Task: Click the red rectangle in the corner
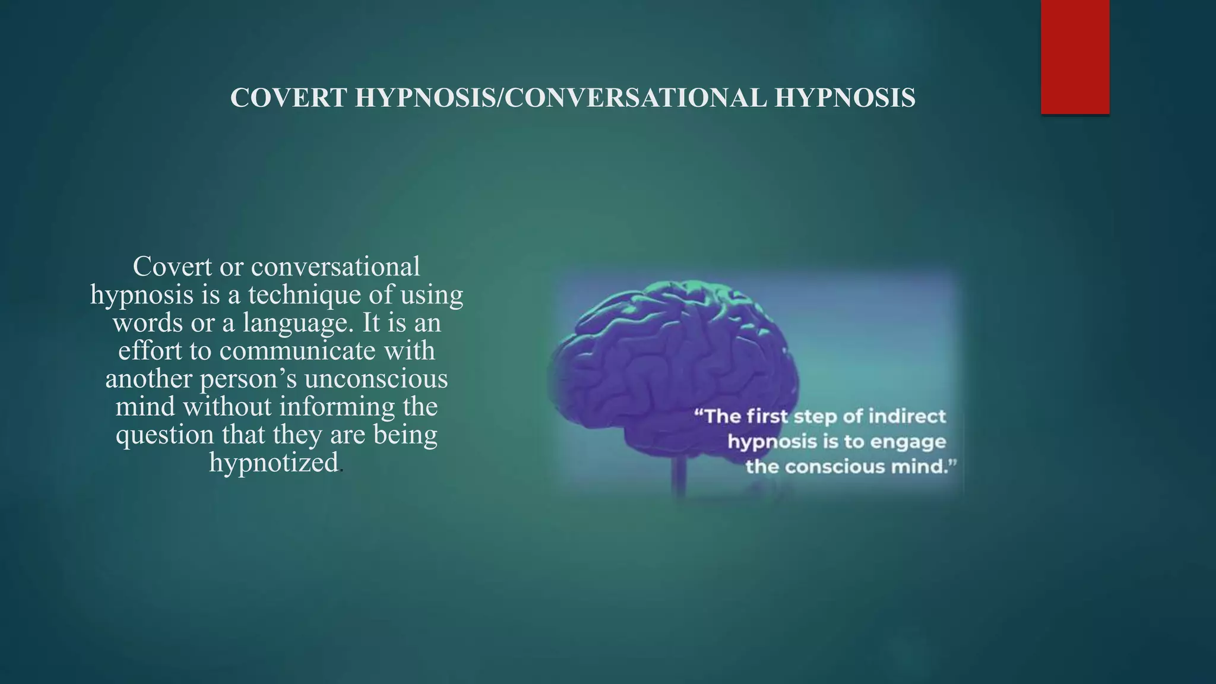click(x=1075, y=56)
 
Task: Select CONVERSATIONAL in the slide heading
click(x=636, y=98)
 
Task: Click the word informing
click(x=337, y=407)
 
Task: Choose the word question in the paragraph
click(x=164, y=435)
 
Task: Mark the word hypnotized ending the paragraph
click(x=274, y=463)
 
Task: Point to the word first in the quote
click(x=767, y=416)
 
